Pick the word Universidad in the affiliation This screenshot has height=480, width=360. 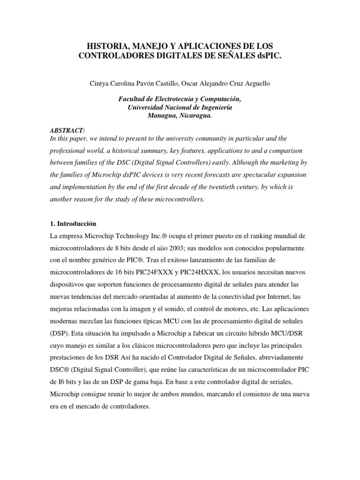(147, 107)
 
